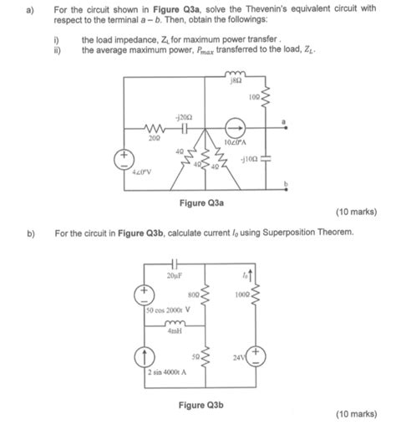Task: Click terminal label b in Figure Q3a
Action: [284, 182]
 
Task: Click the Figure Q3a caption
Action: [201, 203]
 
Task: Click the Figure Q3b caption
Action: [201, 405]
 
